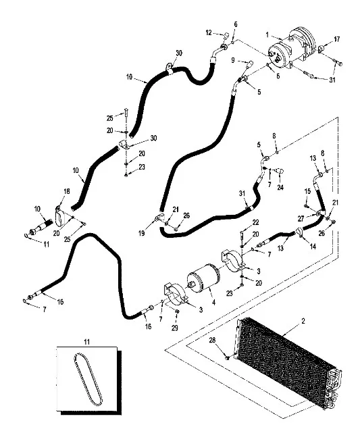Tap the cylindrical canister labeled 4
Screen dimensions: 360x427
(x=203, y=278)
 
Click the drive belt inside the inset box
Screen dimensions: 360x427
(x=88, y=378)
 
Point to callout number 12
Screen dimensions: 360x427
(x=209, y=33)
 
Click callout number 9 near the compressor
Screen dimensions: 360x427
(x=233, y=60)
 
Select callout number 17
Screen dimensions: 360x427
(x=337, y=39)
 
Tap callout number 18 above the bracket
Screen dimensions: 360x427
(x=67, y=191)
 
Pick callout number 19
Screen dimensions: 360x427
(x=142, y=233)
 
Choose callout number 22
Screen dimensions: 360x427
(x=255, y=222)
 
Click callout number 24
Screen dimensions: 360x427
(x=280, y=187)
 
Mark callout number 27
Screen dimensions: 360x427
(x=301, y=219)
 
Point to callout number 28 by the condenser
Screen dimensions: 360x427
(x=212, y=340)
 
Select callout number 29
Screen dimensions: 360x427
(x=174, y=328)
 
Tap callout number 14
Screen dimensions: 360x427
(x=313, y=247)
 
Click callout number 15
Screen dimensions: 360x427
(x=307, y=191)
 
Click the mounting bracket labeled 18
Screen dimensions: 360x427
(x=59, y=216)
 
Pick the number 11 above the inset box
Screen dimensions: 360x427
(x=86, y=342)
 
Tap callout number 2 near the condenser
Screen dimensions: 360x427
(x=303, y=322)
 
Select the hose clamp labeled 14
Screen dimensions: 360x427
(x=299, y=234)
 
